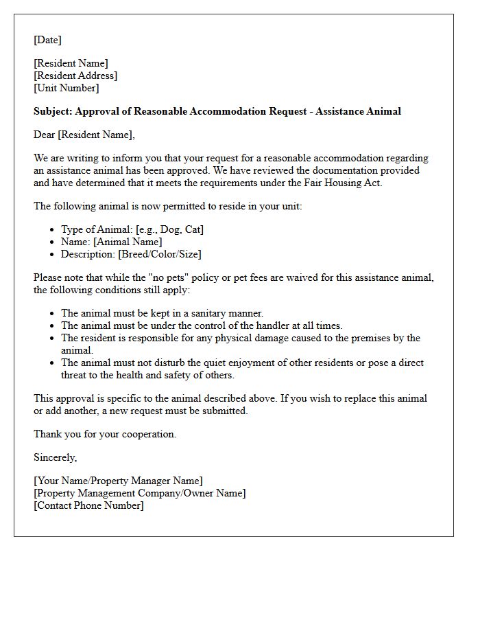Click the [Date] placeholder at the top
click(x=47, y=40)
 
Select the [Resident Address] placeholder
click(x=75, y=76)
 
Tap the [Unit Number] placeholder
click(x=67, y=88)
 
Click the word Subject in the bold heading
click(x=52, y=111)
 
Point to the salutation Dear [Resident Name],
click(x=84, y=135)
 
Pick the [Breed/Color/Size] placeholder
click(x=160, y=254)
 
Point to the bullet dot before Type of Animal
click(x=53, y=230)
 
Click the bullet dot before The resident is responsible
click(x=53, y=339)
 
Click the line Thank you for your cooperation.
click(x=105, y=434)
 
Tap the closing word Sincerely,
click(x=56, y=457)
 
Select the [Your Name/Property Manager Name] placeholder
click(x=118, y=481)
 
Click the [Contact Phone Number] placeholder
click(x=88, y=505)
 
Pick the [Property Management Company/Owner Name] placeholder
click(x=139, y=493)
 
